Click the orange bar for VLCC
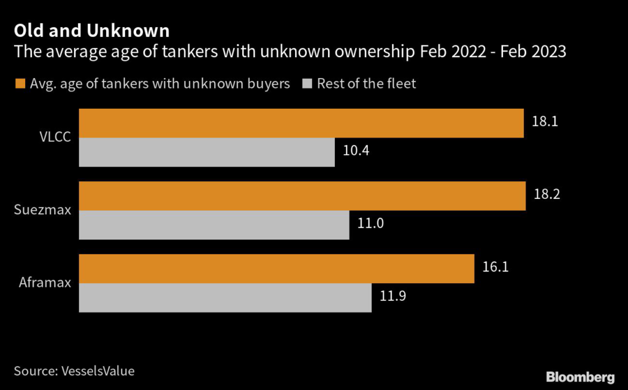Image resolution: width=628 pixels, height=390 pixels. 301,123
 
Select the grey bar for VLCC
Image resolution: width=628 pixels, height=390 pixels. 207,152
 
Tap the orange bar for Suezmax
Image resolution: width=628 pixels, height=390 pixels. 302,196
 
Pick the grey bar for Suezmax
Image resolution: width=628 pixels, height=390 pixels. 213,225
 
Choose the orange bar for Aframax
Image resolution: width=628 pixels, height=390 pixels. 276,268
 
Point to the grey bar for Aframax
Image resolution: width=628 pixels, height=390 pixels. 225,297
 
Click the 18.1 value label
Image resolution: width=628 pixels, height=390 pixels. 544,122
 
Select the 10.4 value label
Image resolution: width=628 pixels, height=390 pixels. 355,151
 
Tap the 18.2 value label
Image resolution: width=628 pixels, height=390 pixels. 546,195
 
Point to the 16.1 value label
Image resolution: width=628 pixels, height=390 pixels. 495,267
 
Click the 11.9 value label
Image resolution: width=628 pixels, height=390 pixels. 392,296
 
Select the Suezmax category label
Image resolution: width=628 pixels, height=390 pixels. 42,210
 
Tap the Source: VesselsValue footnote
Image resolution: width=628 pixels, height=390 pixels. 74,370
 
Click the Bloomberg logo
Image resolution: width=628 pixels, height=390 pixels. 580,376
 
